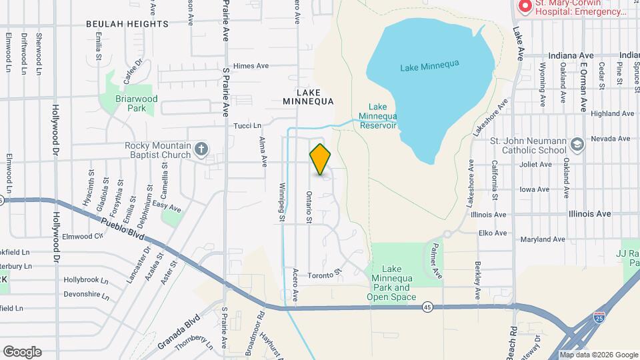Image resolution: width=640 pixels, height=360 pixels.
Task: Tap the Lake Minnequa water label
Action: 431,67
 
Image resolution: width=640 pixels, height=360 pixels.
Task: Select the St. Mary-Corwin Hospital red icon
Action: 525,7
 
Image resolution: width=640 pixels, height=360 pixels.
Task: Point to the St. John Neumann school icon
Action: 577,143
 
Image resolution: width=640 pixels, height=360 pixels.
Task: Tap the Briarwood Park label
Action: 127,103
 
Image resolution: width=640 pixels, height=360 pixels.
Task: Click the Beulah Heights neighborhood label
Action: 127,24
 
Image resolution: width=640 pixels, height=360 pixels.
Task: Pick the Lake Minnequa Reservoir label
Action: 377,116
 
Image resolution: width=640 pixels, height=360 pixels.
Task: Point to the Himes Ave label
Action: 251,66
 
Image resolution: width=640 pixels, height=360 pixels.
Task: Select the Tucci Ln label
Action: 247,125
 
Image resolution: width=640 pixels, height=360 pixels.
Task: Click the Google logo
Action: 22,351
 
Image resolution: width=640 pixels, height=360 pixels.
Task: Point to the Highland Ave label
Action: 612,114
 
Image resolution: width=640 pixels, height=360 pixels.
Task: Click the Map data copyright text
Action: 598,355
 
